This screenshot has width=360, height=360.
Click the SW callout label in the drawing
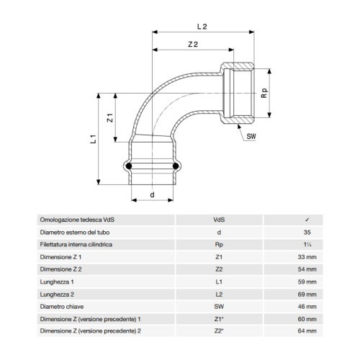click(251, 135)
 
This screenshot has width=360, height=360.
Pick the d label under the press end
click(152, 195)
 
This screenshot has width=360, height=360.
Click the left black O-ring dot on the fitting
click(129, 167)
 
